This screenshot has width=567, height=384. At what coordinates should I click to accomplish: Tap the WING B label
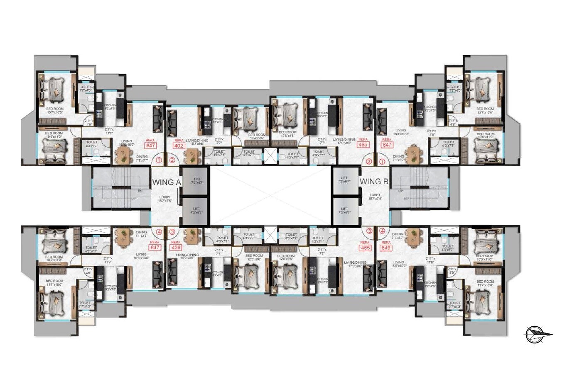[373, 181]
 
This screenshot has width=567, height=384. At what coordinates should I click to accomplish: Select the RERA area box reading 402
[179, 146]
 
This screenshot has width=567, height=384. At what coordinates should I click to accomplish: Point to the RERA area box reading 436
[176, 247]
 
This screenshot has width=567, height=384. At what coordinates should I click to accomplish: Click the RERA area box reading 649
[386, 248]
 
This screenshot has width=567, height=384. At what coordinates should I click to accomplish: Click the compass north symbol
[538, 334]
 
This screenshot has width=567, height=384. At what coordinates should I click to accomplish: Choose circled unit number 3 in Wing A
[172, 231]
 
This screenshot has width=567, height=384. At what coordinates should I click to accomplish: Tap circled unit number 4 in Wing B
[382, 231]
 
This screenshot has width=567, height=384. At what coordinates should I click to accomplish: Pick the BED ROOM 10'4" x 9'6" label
[256, 137]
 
